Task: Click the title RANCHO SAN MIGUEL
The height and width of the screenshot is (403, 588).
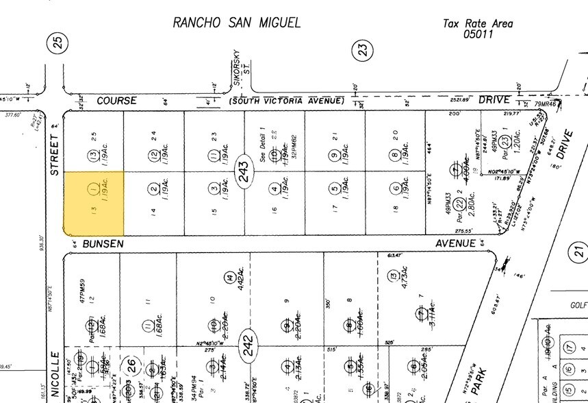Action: tap(236, 23)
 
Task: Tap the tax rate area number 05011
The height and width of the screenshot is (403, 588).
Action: tap(478, 34)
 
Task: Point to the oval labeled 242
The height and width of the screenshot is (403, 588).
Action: tap(247, 339)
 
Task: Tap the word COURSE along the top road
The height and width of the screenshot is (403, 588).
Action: tap(116, 101)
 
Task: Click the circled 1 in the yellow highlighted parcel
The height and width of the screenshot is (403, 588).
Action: tap(93, 188)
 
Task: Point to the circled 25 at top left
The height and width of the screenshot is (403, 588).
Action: tap(58, 45)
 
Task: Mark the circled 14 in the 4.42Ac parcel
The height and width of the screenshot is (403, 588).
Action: tap(228, 278)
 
